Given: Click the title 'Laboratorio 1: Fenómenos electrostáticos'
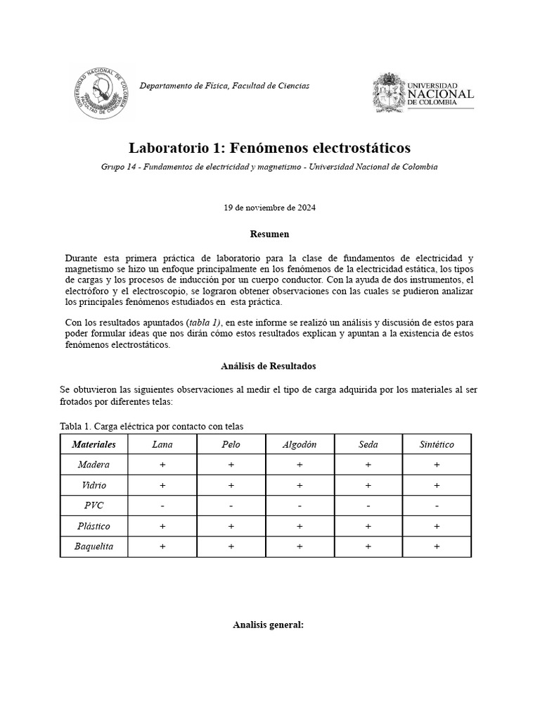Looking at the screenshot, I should click(269, 148).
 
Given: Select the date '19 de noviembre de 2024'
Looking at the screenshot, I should click(269, 208).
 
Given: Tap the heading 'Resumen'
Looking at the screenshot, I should click(269, 234).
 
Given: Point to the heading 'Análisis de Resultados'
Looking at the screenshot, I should click(269, 366).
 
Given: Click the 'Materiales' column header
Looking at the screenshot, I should click(94, 444).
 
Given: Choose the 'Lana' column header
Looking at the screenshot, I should click(162, 444).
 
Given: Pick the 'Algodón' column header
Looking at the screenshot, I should click(300, 444).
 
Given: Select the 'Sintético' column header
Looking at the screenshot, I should click(437, 444).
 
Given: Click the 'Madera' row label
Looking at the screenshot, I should click(94, 465).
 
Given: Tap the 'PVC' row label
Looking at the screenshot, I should click(94, 506).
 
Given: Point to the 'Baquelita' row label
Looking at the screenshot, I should click(94, 546).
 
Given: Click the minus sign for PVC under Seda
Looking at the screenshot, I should click(368, 506).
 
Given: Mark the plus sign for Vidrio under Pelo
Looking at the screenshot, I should click(231, 485).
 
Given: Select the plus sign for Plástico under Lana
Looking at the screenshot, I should click(162, 526).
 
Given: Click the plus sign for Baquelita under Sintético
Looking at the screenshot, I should click(437, 546).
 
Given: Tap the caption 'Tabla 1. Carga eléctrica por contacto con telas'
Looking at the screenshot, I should click(152, 426).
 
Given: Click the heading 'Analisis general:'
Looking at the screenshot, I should click(268, 625).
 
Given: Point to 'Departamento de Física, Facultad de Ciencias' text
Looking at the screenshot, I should click(224, 86).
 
